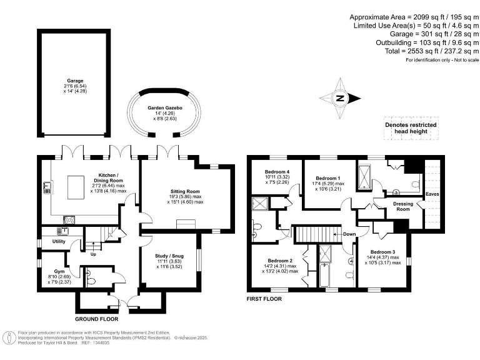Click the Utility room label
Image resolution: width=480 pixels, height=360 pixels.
click(x=59, y=241)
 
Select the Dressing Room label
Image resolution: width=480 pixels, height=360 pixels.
click(x=401, y=206)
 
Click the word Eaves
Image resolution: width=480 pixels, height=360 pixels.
click(x=432, y=194)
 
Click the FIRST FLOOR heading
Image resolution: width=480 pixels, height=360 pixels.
click(x=264, y=299)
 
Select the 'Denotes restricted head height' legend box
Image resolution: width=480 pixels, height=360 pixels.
click(x=410, y=129)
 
